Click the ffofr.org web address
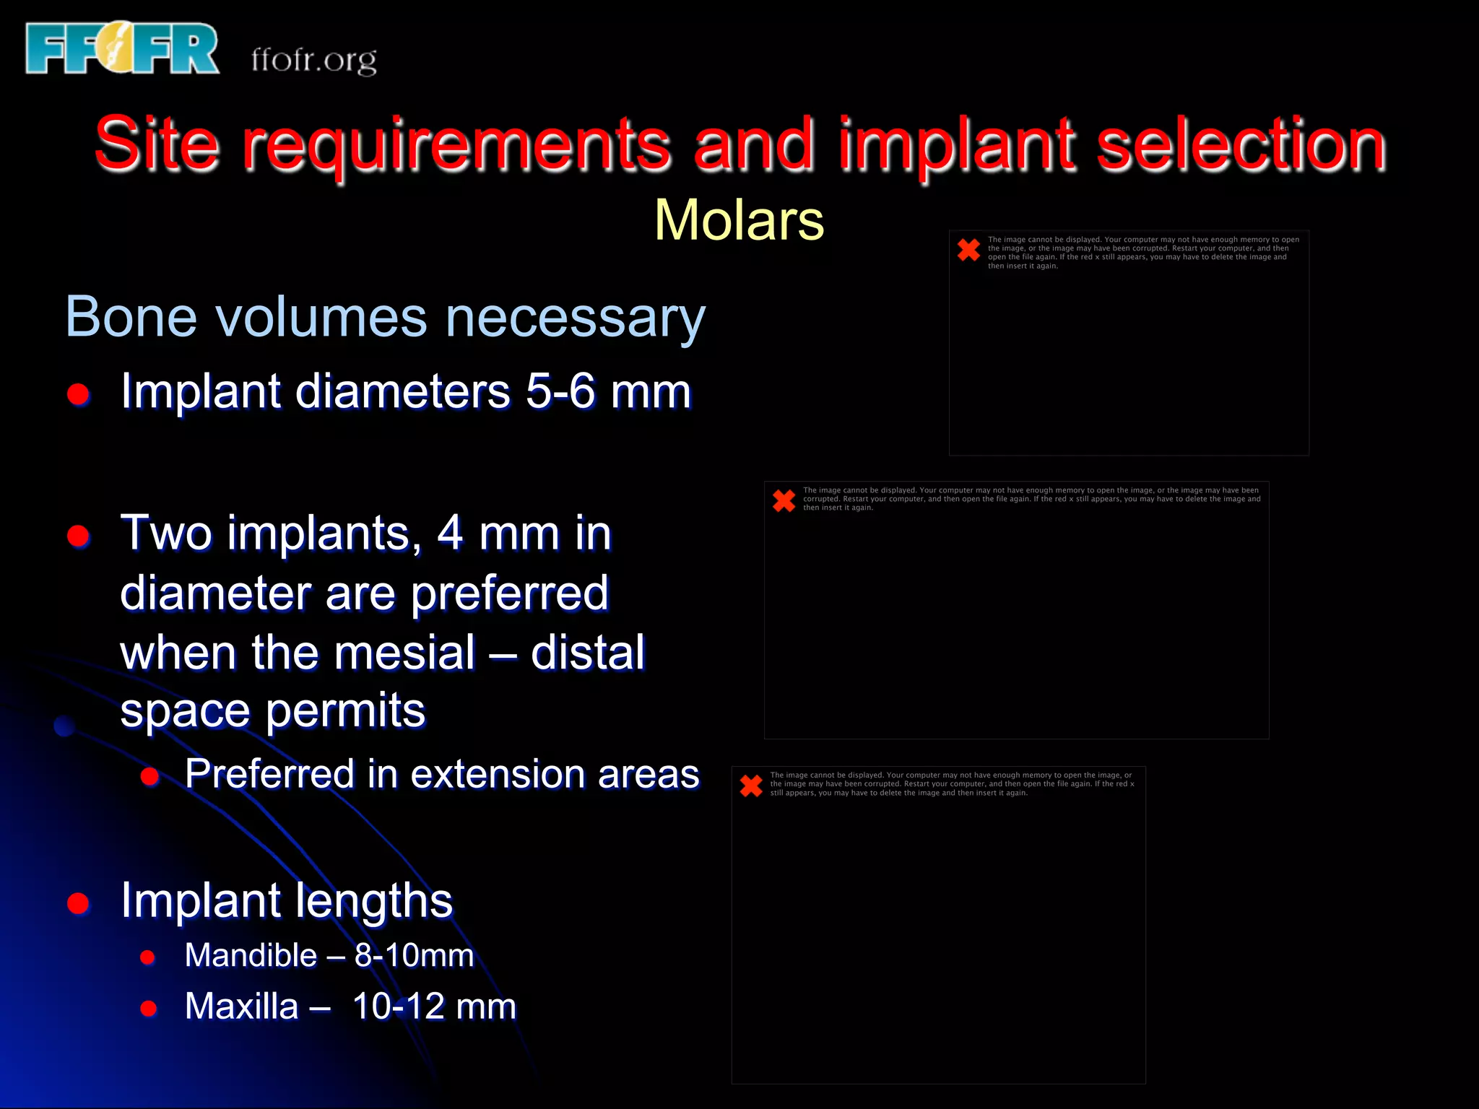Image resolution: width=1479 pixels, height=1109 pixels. (313, 59)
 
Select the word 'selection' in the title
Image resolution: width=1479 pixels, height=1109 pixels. (1241, 144)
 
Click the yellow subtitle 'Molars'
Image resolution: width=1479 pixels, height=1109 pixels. (739, 220)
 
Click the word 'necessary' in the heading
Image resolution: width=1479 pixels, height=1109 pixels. (576, 318)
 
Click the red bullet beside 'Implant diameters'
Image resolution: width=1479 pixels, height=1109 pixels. (78, 393)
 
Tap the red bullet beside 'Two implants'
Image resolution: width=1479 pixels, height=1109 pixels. (78, 536)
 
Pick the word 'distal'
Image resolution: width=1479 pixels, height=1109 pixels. (588, 652)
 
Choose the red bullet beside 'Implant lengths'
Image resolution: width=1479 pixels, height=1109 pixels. (78, 903)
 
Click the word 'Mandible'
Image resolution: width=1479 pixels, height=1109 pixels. (251, 955)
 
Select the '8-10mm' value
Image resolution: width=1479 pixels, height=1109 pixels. (414, 955)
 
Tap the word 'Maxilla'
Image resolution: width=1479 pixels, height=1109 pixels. (241, 1006)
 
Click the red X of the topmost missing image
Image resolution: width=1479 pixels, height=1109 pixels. (968, 250)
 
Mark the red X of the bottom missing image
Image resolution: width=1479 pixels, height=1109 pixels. (751, 786)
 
